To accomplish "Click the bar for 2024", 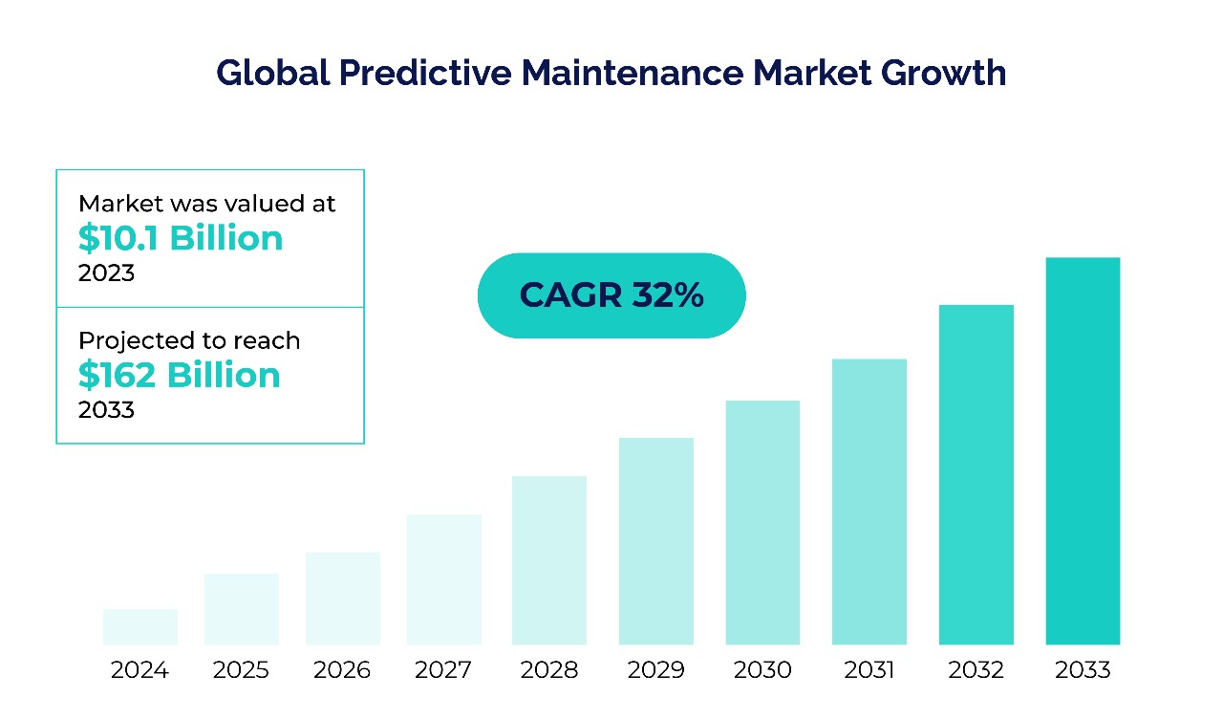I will pos(140,626).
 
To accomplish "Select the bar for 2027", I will pos(444,579).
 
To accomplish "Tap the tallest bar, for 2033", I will pos(1083,451).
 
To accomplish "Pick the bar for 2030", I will pos(762,522).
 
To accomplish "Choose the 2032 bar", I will pos(976,474).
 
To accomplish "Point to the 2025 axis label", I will pos(241,670).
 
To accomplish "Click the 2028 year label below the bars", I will pos(549,670).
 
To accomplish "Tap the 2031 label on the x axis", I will pos(869,670).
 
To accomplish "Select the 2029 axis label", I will pos(656,670).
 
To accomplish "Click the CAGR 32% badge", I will pos(611,295).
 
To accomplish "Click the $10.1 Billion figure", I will pos(181,238).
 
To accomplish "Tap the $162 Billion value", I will pos(180,376).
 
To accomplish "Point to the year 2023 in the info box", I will pos(106,273).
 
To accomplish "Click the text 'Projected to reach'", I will pos(189,341).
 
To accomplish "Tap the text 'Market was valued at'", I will pos(207,204).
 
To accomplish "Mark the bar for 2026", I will pos(343,598).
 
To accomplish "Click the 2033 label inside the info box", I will pos(106,411).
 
